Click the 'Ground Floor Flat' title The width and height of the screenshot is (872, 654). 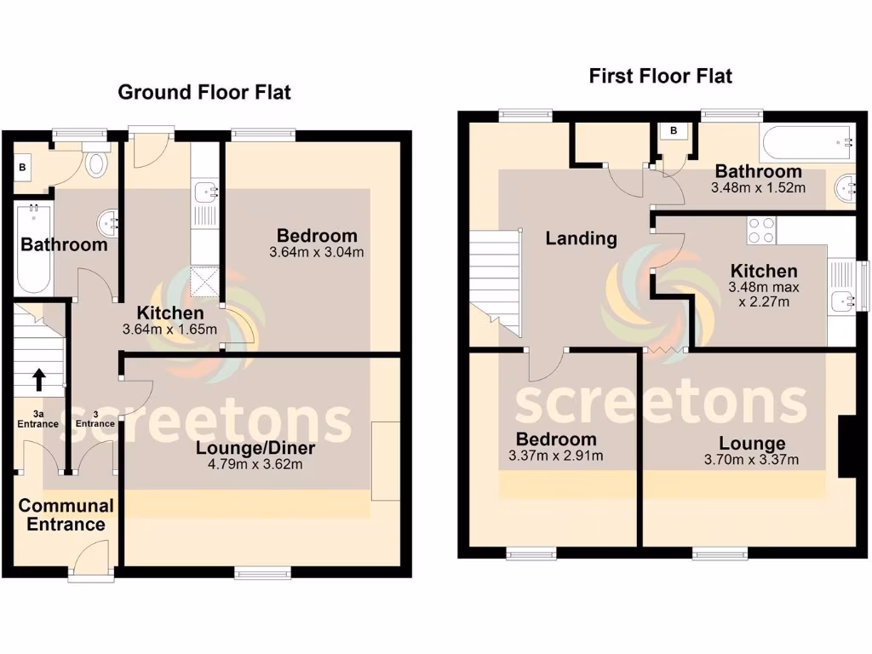point(204,92)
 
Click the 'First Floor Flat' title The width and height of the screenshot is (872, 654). point(661,76)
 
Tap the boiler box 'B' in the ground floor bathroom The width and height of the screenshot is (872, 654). point(22,168)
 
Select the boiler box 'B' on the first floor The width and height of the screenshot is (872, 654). point(673,131)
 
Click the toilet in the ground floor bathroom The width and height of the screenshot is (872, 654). point(96,160)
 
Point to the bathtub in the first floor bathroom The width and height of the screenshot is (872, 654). point(806,142)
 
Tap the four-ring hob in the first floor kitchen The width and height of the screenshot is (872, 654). point(760,231)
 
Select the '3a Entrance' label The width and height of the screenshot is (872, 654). point(37,419)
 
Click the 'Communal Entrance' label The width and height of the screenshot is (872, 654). point(66,514)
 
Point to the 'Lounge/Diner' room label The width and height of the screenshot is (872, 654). point(255,449)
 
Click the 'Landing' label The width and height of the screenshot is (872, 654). point(582,238)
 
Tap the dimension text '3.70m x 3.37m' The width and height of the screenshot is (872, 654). point(751,460)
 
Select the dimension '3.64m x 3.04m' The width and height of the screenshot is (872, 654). point(316,252)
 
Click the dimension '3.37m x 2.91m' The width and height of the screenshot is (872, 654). point(555,456)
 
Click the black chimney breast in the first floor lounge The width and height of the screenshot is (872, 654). point(847,446)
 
